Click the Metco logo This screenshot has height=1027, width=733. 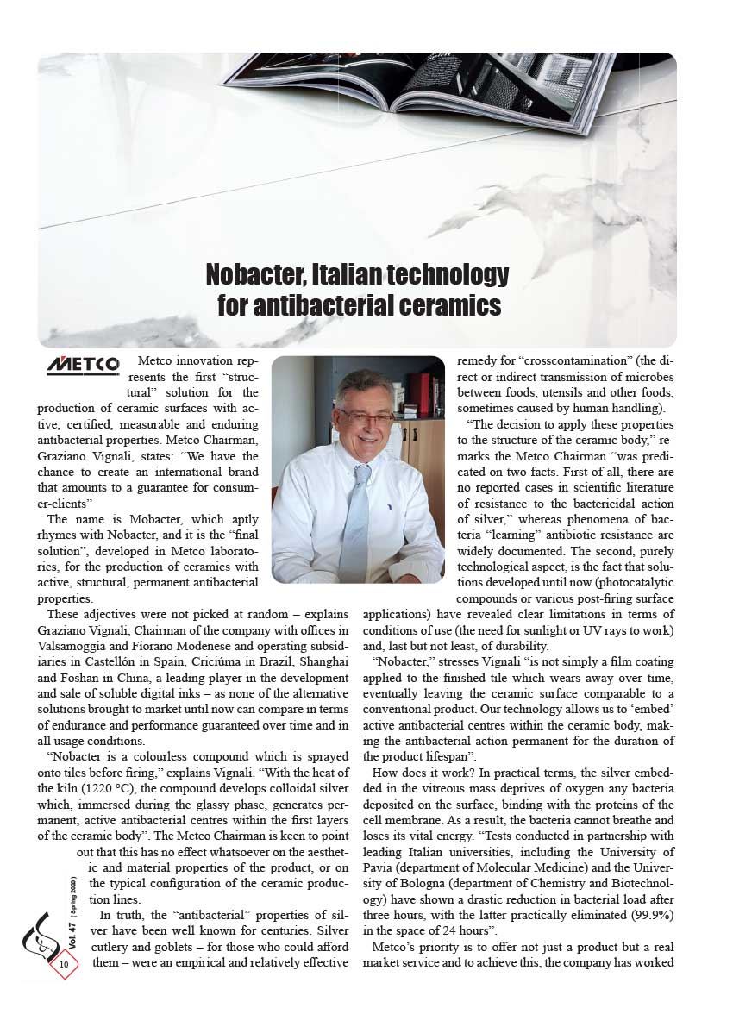(83, 366)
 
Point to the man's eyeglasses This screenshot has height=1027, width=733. (366, 416)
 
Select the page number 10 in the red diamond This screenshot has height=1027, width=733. (65, 963)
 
